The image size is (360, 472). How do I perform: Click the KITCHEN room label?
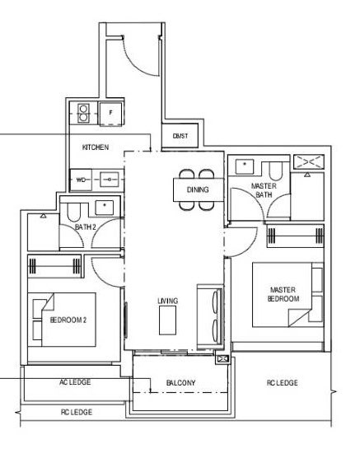[96, 147]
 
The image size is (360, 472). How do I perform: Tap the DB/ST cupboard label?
[180, 136]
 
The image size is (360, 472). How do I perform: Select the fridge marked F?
[110, 113]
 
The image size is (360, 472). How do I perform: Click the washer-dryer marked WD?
[81, 180]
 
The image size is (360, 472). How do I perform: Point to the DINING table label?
[198, 189]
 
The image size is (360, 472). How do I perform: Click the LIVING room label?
[168, 301]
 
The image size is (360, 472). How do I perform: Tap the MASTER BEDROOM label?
[283, 294]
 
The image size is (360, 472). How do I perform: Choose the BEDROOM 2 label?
[68, 320]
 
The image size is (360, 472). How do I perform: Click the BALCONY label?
[180, 382]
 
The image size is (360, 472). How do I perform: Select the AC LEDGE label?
[75, 382]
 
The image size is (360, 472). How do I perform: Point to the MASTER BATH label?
[264, 190]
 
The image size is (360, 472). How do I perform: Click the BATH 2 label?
[86, 227]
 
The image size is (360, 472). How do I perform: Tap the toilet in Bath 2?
[73, 212]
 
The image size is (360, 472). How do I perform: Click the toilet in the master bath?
[275, 171]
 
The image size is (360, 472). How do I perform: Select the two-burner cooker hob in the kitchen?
[83, 113]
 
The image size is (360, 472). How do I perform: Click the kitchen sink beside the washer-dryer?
[110, 180]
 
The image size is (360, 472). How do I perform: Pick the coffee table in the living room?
[168, 320]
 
